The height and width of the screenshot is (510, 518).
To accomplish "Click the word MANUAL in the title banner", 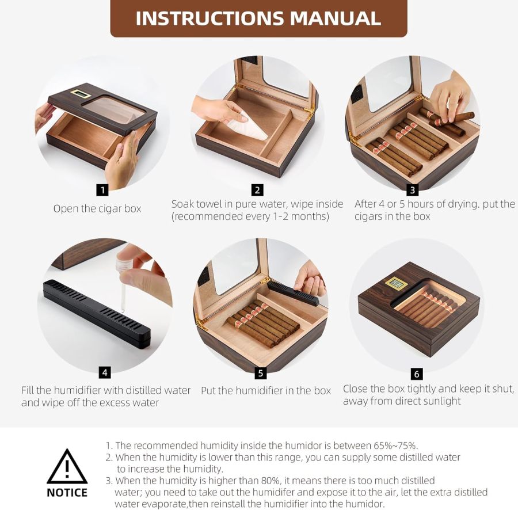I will [x=335, y=18].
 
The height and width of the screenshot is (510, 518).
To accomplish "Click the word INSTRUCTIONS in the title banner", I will [x=210, y=18].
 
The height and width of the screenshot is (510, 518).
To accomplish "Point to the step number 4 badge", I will [x=105, y=372].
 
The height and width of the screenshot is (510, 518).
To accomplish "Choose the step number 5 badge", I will [x=261, y=373].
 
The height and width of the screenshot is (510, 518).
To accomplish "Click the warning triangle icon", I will [x=67, y=467].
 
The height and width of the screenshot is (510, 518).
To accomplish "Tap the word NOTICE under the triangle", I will [x=67, y=493].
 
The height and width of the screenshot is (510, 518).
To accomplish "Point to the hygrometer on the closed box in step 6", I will [x=395, y=284].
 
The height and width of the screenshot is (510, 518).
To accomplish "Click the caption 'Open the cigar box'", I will [x=97, y=209].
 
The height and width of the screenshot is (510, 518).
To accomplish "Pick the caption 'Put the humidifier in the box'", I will [x=266, y=391].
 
